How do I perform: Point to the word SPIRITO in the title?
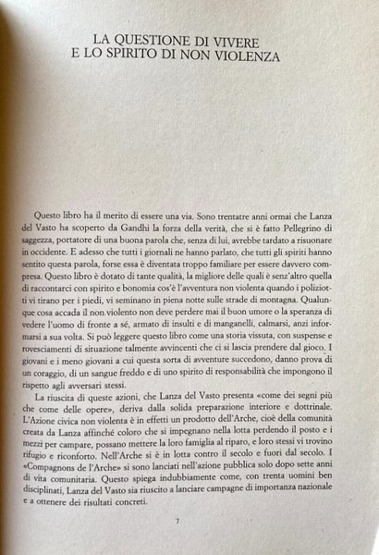coord(144,56)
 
